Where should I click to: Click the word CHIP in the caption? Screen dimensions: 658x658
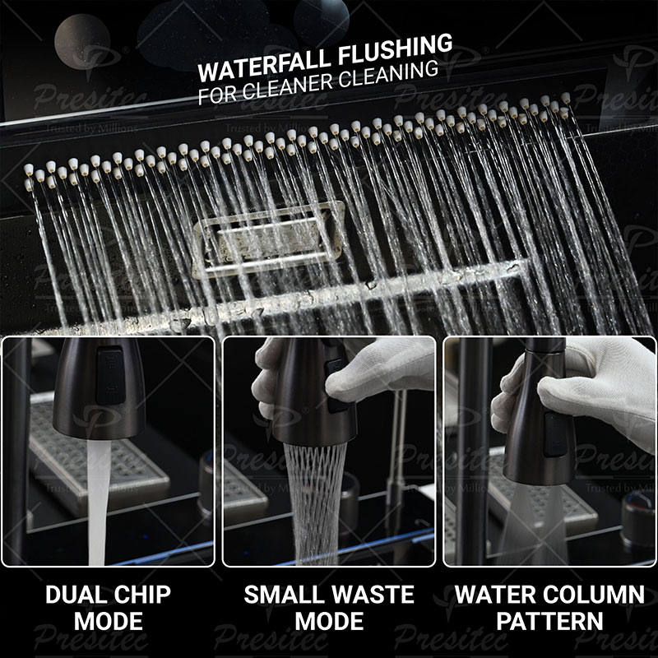coord(142,594)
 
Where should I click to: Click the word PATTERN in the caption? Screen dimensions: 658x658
coord(549,621)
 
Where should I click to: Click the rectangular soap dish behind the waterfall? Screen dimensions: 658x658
coord(268,240)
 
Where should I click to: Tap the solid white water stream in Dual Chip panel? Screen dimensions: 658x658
coord(98,502)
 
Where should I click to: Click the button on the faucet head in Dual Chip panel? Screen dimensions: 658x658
coord(110,375)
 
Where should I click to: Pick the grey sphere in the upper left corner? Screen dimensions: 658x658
coord(82,41)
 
